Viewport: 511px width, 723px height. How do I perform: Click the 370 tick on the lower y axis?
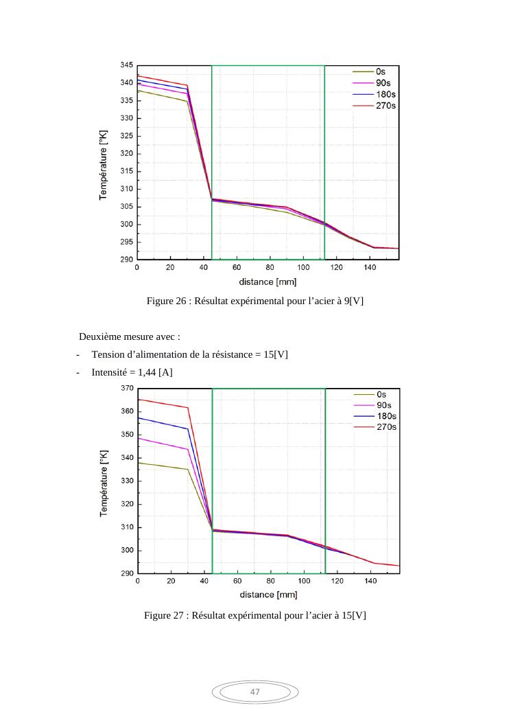coord(126,389)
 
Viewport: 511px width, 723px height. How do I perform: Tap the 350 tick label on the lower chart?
coord(126,435)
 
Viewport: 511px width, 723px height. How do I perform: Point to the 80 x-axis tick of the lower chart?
coord(271,582)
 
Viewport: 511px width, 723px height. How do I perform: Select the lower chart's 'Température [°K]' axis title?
coord(104,480)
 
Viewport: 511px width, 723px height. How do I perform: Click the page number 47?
coord(255,691)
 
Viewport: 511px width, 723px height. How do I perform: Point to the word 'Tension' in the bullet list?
coord(108,354)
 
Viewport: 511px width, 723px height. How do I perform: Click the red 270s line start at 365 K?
coord(139,400)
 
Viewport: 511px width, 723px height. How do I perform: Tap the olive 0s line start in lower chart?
coord(139,463)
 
